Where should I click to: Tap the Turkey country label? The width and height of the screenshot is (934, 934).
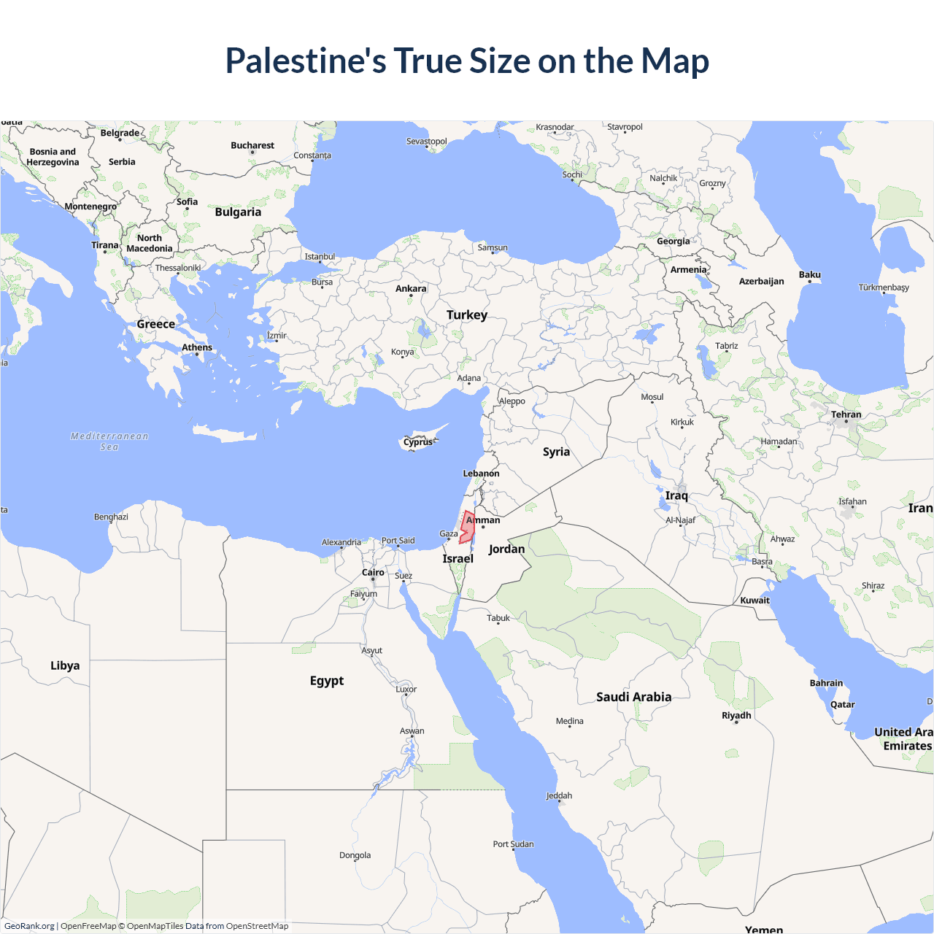[x=467, y=315]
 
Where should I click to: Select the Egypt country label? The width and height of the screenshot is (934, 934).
[x=327, y=681]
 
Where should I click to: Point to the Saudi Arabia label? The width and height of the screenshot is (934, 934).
[x=633, y=697]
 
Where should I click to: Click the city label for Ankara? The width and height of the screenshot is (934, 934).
[x=411, y=289]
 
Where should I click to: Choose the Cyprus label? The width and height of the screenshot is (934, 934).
[x=418, y=442]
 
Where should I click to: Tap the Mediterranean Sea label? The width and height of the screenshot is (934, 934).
[x=109, y=441]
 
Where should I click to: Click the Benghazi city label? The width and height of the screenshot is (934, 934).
[x=111, y=517]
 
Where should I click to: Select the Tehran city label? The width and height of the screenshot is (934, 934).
[x=846, y=414]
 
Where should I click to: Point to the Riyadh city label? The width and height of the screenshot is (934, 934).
[x=736, y=715]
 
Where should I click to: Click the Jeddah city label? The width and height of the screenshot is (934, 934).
[x=559, y=795]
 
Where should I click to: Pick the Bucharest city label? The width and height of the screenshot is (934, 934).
[x=252, y=145]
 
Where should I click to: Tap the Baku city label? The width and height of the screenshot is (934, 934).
[x=810, y=274]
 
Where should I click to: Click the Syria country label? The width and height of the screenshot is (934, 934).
[x=556, y=452]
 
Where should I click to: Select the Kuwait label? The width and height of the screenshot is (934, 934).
[x=755, y=601]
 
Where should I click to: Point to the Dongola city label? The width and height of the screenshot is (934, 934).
[x=355, y=855]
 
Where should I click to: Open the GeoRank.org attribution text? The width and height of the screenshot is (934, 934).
[x=29, y=926]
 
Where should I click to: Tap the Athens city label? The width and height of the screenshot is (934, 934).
[x=197, y=347]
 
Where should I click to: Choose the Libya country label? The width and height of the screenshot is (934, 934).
[x=65, y=665]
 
